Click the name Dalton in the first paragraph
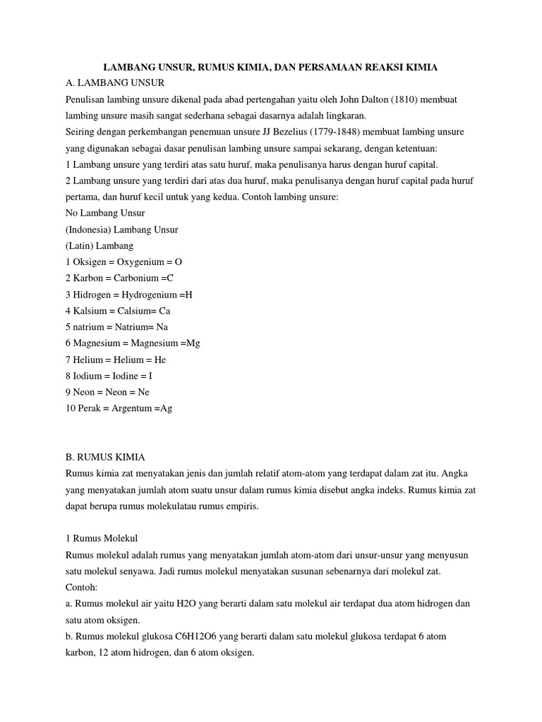[356, 100]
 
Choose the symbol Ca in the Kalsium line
[164, 310]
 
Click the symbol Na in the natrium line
[162, 326]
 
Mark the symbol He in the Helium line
[160, 360]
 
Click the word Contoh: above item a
[81, 587]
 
